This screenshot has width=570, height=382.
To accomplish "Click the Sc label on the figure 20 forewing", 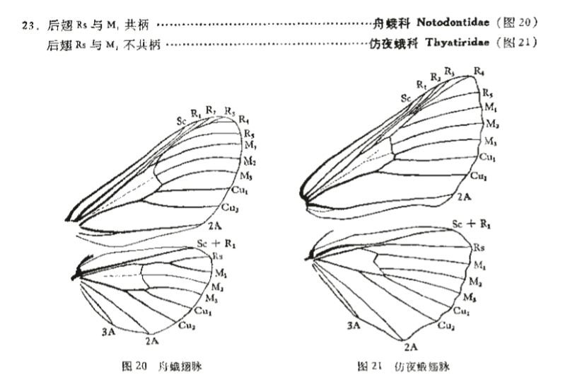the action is [182, 121].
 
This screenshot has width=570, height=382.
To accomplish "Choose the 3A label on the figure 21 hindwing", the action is [354, 325].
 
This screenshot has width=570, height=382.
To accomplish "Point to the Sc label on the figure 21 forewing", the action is [406, 98].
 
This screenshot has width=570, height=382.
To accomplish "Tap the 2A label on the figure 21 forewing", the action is [464, 197].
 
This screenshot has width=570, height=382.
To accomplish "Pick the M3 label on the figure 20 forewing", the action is [247, 175].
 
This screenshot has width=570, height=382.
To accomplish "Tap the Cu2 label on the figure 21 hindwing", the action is [446, 325].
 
